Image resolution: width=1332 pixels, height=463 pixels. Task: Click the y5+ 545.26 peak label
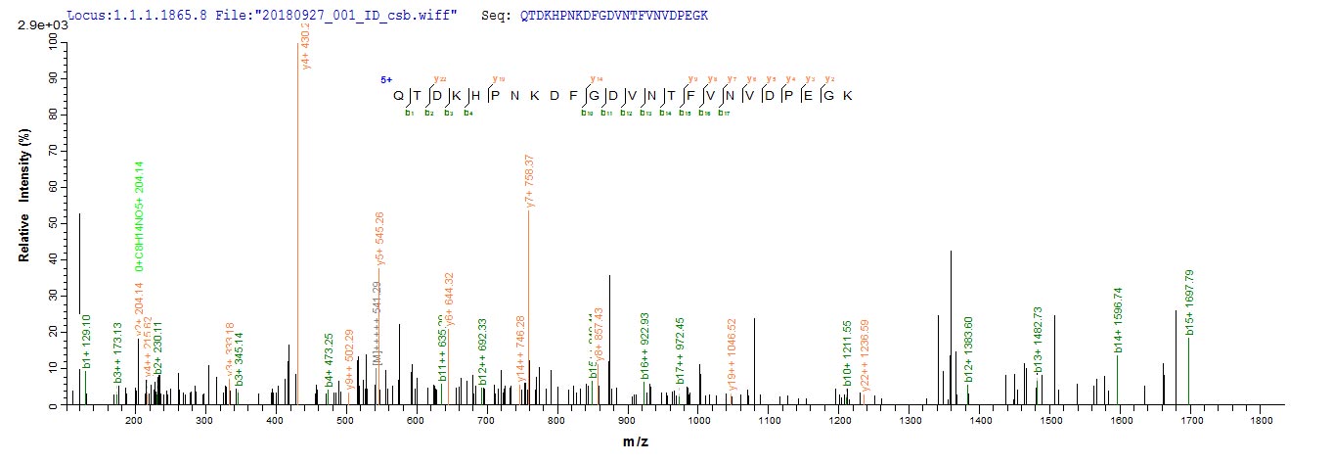(379, 240)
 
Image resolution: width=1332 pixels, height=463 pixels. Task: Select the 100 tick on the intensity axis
(45, 41)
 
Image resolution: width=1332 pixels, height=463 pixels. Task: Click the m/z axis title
(636, 442)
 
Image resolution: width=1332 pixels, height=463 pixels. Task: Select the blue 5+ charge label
(386, 79)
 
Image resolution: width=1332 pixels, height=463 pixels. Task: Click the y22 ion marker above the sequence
(440, 78)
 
